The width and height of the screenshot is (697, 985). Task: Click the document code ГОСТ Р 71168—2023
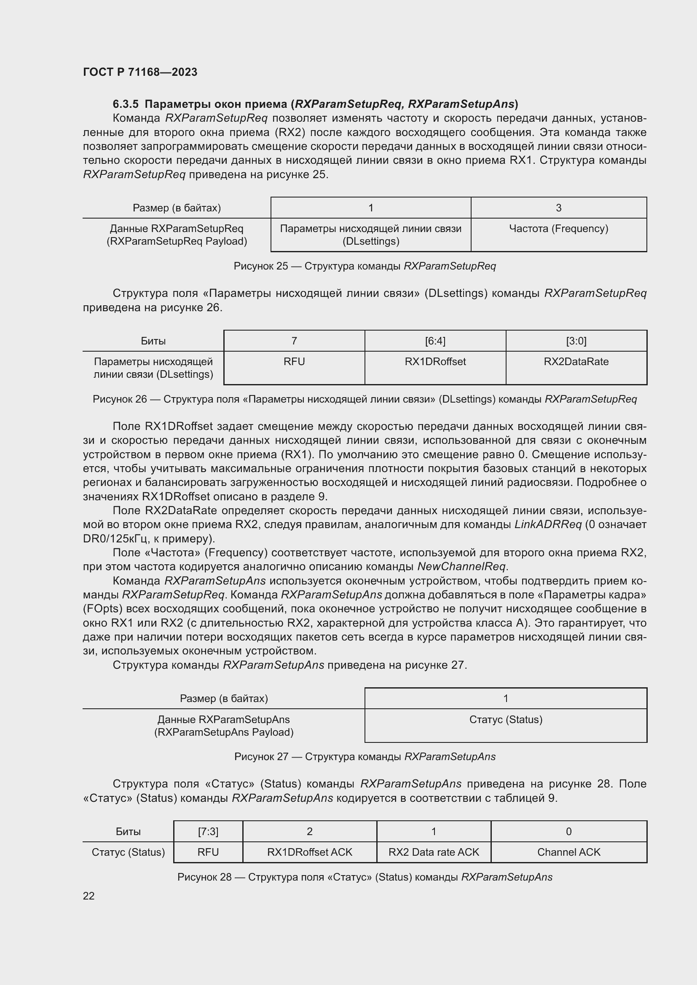[x=140, y=72]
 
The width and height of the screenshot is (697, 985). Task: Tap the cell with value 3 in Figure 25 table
[x=558, y=208]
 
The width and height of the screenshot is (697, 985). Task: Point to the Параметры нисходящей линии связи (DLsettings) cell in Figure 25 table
[x=370, y=235]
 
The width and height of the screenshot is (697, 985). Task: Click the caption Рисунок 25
[x=365, y=266]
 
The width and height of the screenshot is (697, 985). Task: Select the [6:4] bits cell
[x=435, y=341]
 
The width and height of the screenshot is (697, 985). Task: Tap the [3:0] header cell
[x=576, y=341]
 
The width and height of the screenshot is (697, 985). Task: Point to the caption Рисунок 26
[x=365, y=399]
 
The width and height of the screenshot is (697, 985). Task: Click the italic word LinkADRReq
[x=548, y=525]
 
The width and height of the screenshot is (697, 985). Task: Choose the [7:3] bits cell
[x=208, y=831]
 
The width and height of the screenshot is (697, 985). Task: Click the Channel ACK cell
[x=568, y=852]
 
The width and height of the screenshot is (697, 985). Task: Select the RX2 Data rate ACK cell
[x=434, y=852]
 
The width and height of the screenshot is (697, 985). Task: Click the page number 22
[x=89, y=896]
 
